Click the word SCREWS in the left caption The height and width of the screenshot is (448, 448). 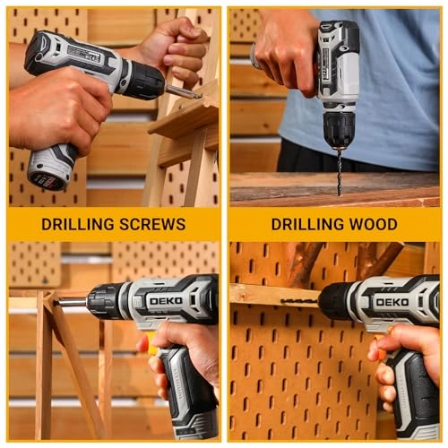coord(152,224)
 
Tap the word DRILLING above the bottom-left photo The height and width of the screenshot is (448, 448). coord(78,224)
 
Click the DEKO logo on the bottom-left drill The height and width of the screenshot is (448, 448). coord(166,301)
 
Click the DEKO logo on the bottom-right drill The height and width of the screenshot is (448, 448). coord(392,302)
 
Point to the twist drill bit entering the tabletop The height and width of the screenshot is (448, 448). coord(339,173)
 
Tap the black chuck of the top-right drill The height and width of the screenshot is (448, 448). coord(339,129)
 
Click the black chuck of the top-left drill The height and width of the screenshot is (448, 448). coord(145,80)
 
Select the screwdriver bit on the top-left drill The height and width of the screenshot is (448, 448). coord(183,91)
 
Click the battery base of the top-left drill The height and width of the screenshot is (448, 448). coord(47,173)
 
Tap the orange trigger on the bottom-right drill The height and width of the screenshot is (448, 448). coord(379,347)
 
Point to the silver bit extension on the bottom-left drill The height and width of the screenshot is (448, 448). coord(72,303)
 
